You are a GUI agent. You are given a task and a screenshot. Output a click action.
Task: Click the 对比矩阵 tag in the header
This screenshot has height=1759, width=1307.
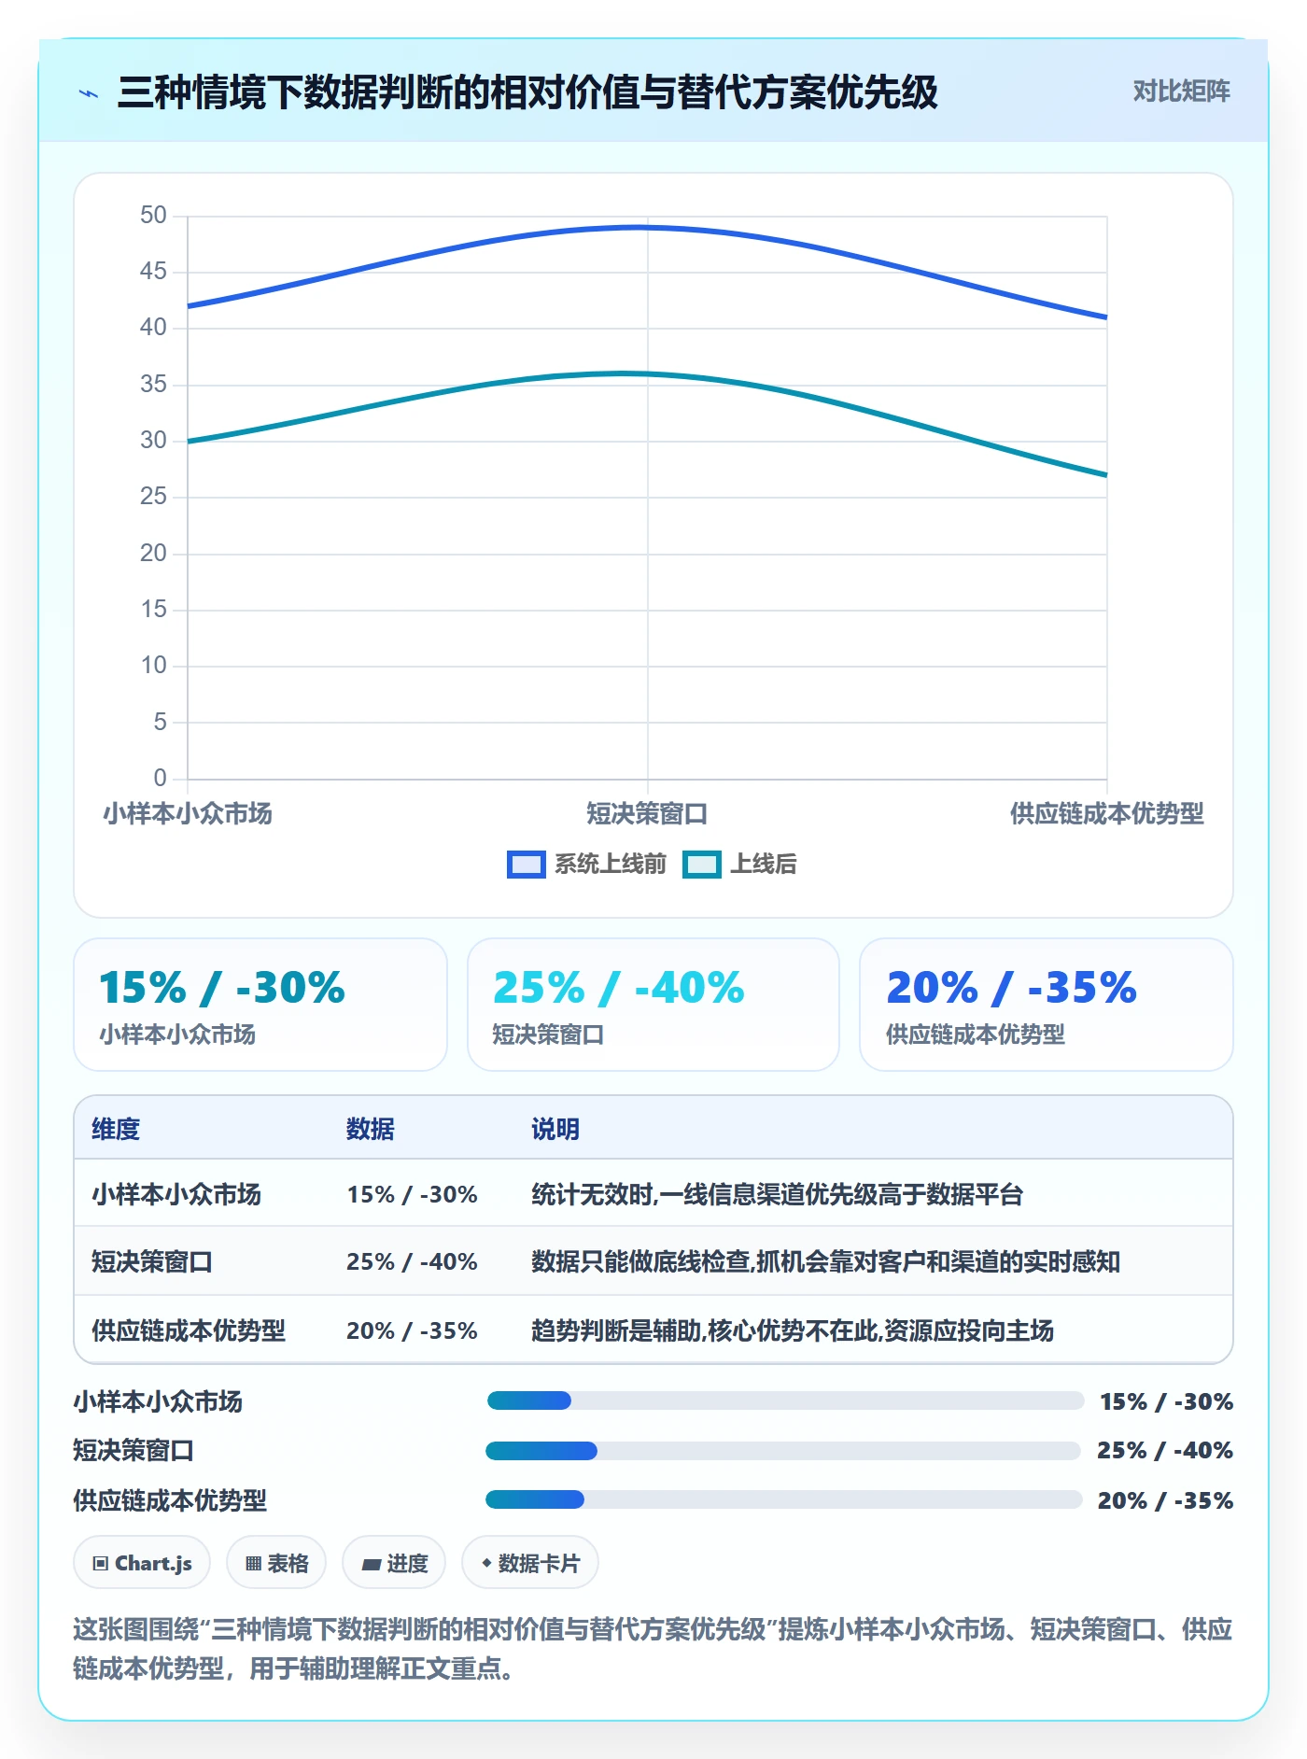1181,91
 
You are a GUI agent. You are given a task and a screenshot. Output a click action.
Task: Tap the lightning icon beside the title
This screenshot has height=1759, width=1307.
89,93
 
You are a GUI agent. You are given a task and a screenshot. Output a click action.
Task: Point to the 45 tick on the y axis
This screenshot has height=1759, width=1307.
153,271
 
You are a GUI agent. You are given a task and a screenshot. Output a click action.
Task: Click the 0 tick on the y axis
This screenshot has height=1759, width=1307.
160,778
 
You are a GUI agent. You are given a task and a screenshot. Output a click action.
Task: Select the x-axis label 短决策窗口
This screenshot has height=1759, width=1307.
647,813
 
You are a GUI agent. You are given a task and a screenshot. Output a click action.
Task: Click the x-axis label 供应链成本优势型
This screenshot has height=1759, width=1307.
1106,813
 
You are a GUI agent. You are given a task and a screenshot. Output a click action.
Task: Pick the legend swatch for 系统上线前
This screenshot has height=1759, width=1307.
526,865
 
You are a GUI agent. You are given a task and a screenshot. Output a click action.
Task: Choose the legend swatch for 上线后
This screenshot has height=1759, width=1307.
701,865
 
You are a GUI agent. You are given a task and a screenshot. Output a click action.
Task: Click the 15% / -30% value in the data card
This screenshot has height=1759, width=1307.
222,987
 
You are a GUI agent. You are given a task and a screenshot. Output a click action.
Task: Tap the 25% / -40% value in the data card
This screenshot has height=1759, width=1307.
618,987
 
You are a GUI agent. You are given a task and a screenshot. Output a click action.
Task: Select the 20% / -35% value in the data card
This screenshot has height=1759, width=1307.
1011,987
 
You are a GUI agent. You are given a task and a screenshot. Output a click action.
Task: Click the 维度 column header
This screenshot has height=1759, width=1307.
116,1129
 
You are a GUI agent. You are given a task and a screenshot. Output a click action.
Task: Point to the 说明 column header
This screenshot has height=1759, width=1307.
555,1129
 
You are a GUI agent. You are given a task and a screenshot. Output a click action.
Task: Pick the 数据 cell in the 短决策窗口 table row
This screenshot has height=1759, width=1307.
412,1261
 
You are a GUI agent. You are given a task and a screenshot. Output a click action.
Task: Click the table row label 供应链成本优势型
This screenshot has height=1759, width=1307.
189,1330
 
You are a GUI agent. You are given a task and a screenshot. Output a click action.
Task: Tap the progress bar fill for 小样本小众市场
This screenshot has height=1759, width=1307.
528,1400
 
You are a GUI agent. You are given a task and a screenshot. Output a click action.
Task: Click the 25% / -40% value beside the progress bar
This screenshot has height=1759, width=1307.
1165,1450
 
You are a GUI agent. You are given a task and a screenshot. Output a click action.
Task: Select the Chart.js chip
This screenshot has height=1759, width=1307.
142,1563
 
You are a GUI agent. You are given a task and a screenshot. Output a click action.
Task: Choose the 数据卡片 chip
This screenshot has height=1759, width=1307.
530,1563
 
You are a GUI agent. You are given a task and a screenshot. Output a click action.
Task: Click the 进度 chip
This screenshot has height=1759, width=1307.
394,1563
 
